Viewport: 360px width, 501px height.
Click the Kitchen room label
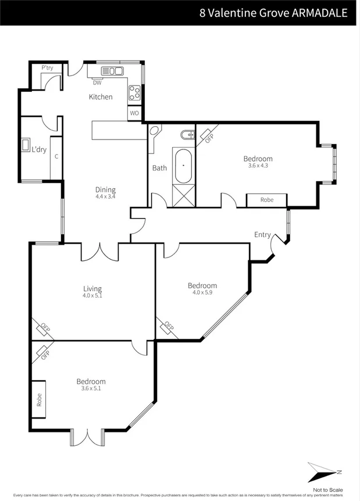pos(101,97)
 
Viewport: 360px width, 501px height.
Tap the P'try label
pos(47,68)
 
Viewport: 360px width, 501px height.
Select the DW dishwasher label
pos(97,83)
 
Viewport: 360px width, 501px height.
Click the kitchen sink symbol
pos(113,71)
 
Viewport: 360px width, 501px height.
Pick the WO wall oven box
pos(134,113)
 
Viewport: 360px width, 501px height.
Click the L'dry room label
pos(39,149)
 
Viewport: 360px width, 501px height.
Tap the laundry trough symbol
pos(26,145)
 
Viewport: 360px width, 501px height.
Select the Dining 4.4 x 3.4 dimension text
pos(106,196)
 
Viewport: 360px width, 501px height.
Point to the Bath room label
pos(159,168)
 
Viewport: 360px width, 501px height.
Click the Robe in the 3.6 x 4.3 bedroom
pos(267,200)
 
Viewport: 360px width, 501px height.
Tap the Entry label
pos(262,235)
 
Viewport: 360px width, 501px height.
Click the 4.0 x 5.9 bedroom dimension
pos(202,292)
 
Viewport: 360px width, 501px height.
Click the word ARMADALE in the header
pos(318,12)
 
